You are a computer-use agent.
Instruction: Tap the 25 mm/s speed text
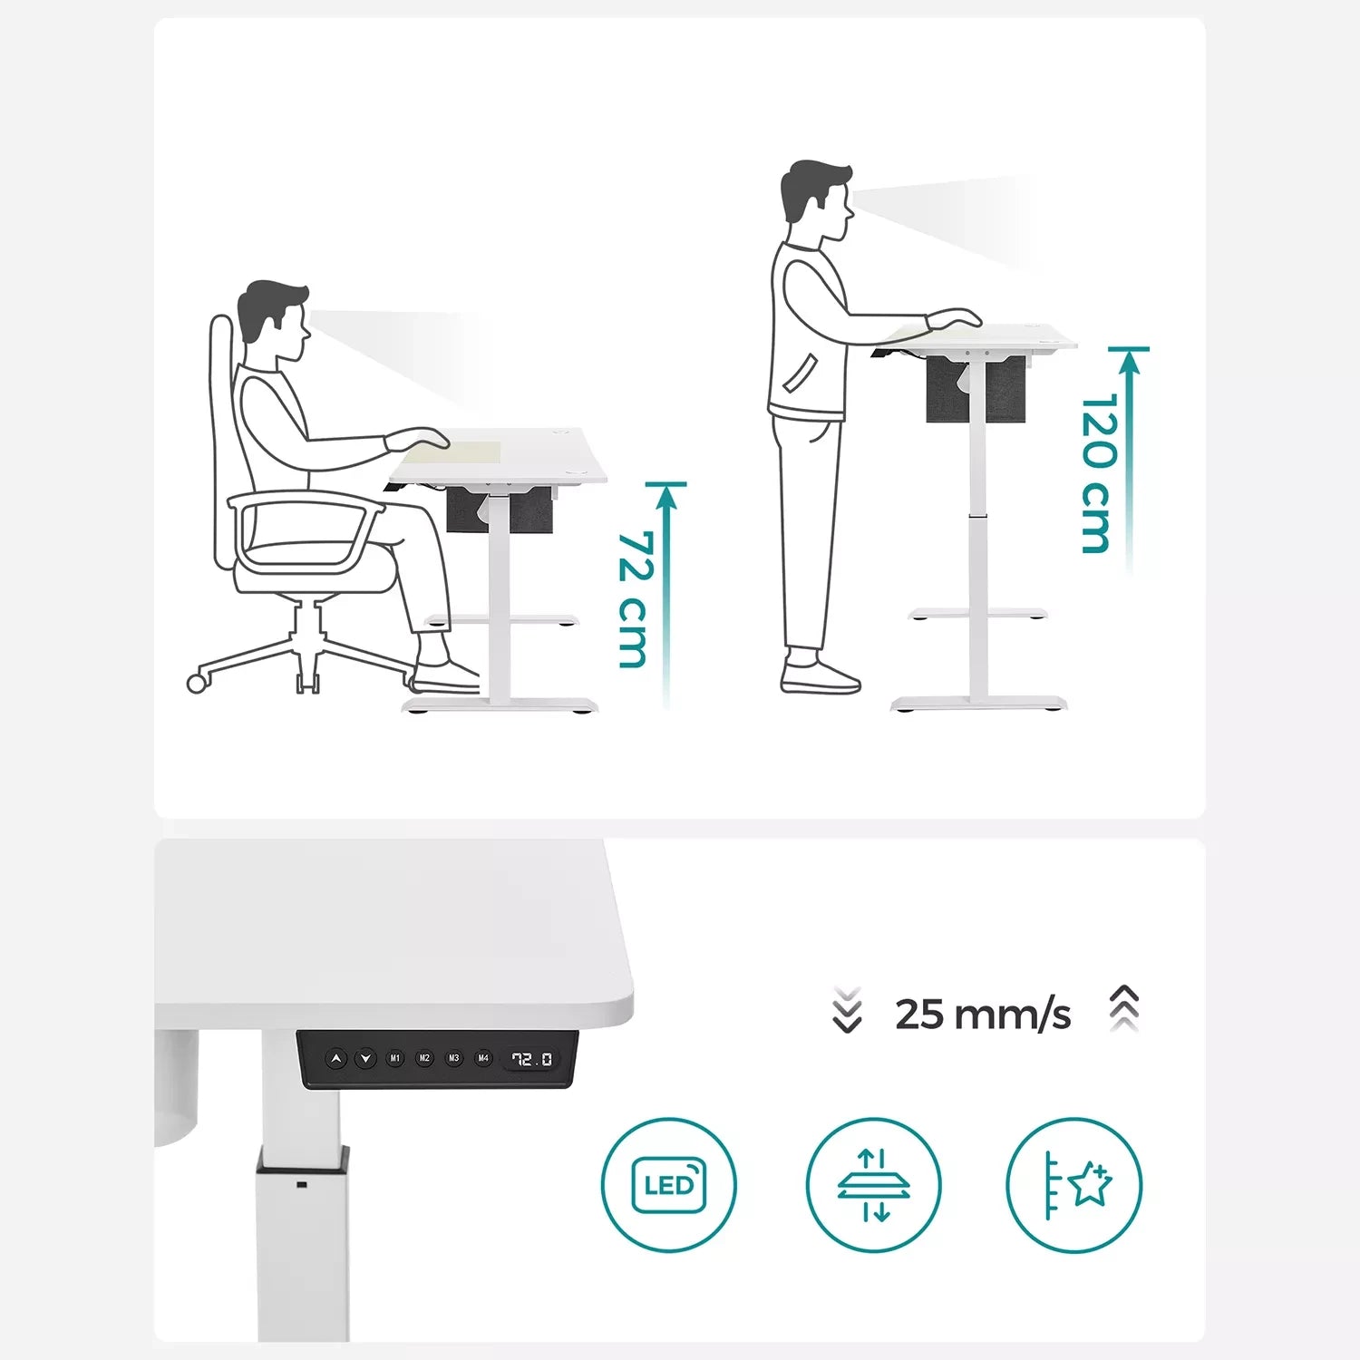pos(983,1015)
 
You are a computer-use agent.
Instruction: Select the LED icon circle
pos(669,1185)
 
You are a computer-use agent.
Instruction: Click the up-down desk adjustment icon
pos(873,1185)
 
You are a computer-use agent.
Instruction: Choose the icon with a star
pos(1074,1185)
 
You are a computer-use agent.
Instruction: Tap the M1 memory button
pos(395,1058)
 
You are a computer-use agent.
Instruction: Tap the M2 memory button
pos(424,1058)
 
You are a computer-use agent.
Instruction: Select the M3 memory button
pos(454,1058)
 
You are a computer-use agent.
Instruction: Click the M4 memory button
pos(483,1058)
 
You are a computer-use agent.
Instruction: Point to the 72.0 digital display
pos(532,1059)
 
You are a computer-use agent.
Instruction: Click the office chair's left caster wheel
pos(197,683)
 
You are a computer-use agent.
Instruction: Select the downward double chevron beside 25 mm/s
pos(847,1010)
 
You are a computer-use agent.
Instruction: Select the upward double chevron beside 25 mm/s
pos(1124,1007)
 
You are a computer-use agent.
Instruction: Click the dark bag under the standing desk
pos(976,389)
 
